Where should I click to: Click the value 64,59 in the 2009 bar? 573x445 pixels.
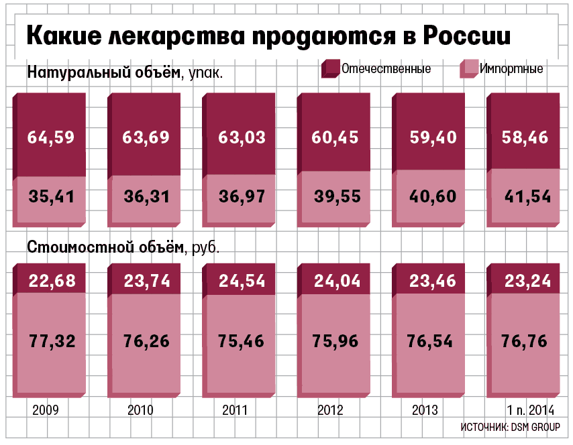51,137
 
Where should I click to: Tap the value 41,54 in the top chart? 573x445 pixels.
527,197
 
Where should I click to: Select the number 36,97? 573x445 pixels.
242,197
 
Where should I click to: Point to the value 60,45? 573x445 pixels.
335,137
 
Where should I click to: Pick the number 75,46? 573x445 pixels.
242,340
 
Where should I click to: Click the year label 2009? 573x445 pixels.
45,410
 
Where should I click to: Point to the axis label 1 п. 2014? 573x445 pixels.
529,410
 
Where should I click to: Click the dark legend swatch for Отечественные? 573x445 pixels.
331,69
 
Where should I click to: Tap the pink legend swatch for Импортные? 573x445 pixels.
468,69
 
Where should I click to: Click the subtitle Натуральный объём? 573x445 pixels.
104,72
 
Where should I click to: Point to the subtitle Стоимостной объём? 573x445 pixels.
105,247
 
